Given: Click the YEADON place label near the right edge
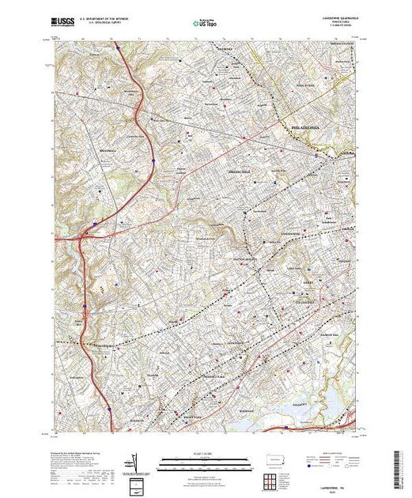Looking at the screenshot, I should [x=344, y=262].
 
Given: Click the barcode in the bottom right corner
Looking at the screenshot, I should [x=399, y=466].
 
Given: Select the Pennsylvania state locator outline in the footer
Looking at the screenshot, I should [x=270, y=459].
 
